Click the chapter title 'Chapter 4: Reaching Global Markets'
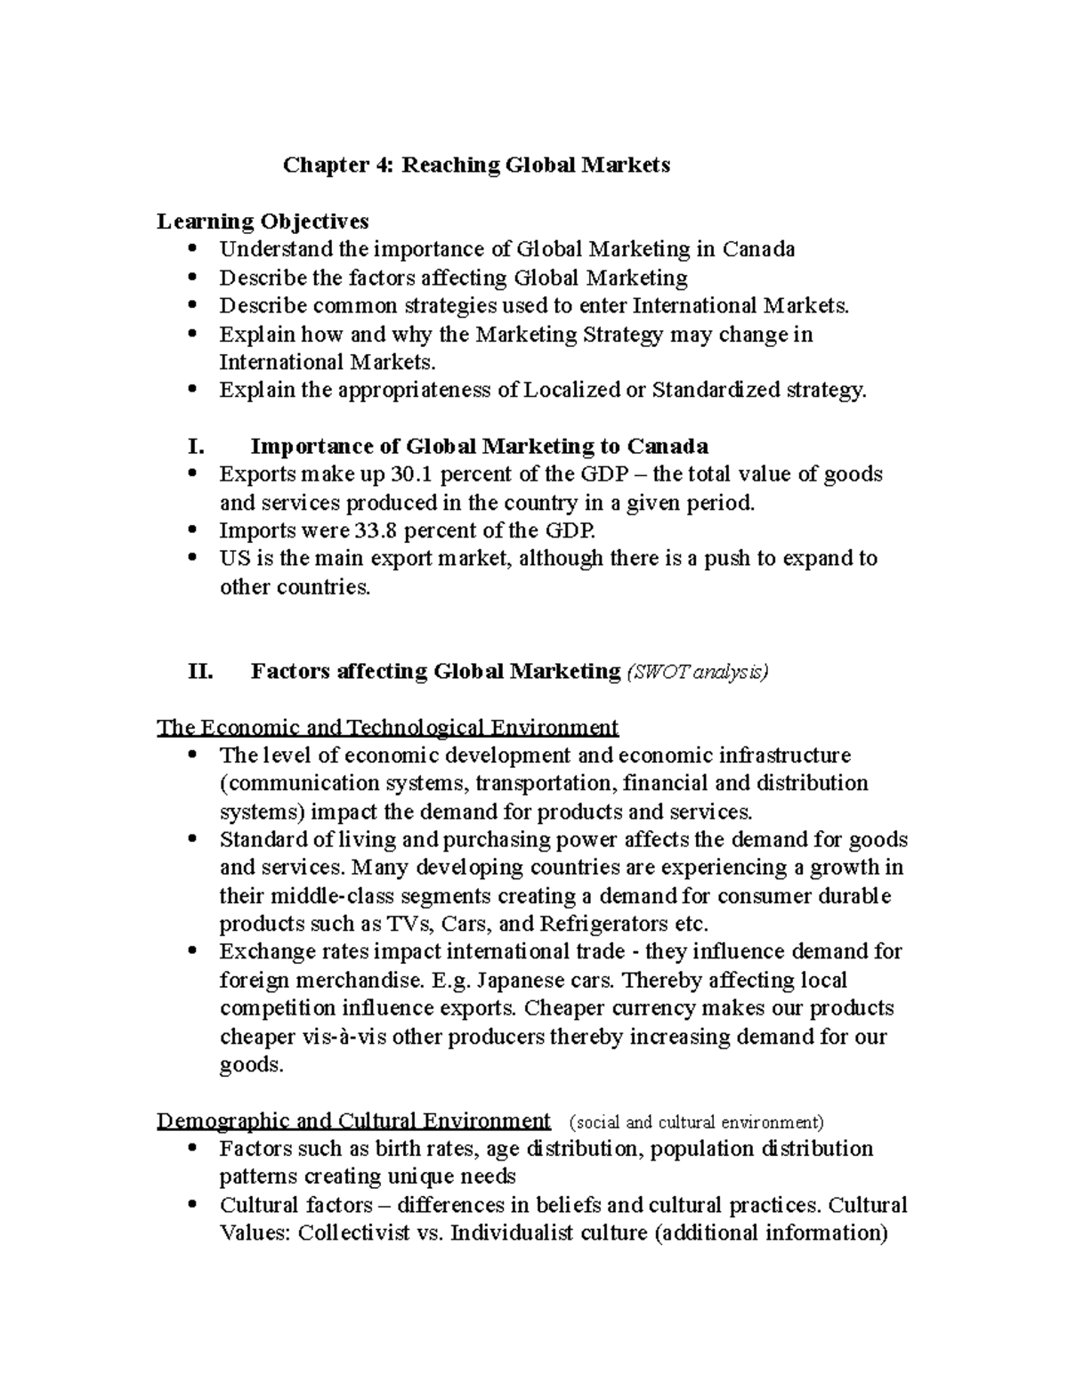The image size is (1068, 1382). coord(476,165)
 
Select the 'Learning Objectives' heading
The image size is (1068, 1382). coord(263,221)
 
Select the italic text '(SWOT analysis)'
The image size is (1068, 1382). coord(698,672)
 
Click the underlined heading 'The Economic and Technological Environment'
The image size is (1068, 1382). coord(387,727)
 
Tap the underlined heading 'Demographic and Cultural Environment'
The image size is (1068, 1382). coord(353,1120)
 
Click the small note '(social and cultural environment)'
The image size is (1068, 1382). coord(696,1121)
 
